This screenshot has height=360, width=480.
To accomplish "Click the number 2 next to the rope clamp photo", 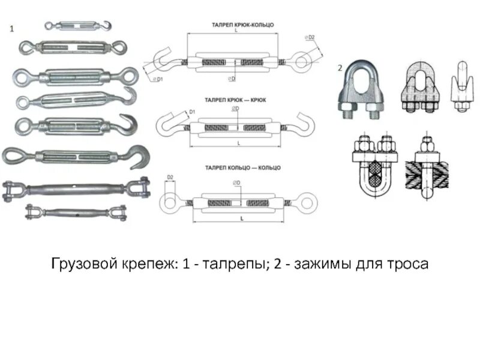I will tap(339, 68).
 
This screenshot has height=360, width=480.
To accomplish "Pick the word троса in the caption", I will tap(407, 263).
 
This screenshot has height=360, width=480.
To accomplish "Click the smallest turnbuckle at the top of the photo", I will tap(77, 26).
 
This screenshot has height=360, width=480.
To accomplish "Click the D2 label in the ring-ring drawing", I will tap(170, 178).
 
